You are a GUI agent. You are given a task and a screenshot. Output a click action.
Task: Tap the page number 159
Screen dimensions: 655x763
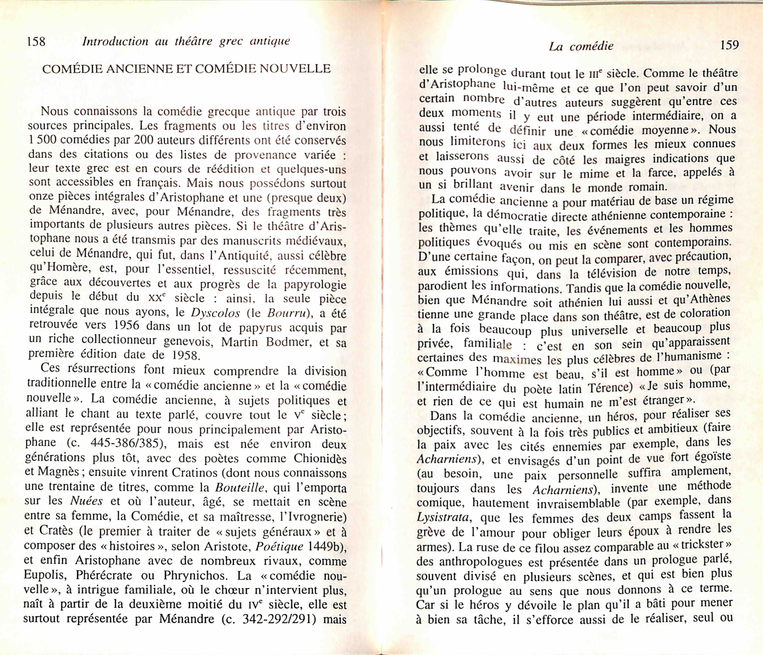tap(729, 45)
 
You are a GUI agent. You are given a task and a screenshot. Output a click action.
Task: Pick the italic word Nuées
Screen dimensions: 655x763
tap(86, 501)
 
